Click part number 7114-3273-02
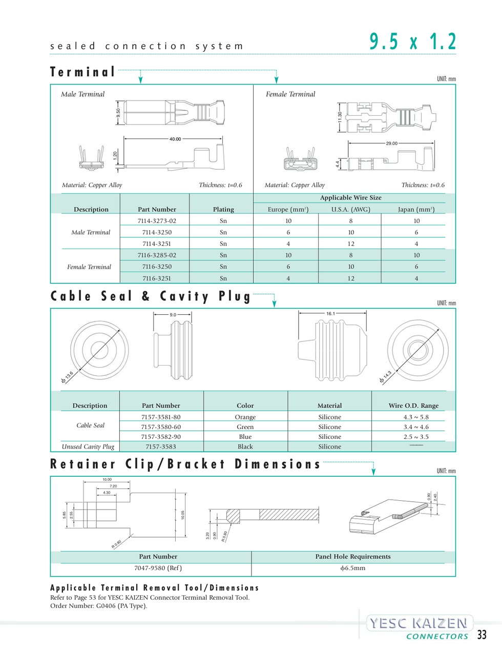(157, 221)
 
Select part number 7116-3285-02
(157, 255)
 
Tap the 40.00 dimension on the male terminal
(175, 139)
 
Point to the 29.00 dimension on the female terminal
(391, 144)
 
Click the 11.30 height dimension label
(340, 117)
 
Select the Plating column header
(223, 209)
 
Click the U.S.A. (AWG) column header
(351, 209)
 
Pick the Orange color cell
(245, 417)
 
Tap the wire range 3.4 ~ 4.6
(416, 427)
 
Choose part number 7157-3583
(161, 446)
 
